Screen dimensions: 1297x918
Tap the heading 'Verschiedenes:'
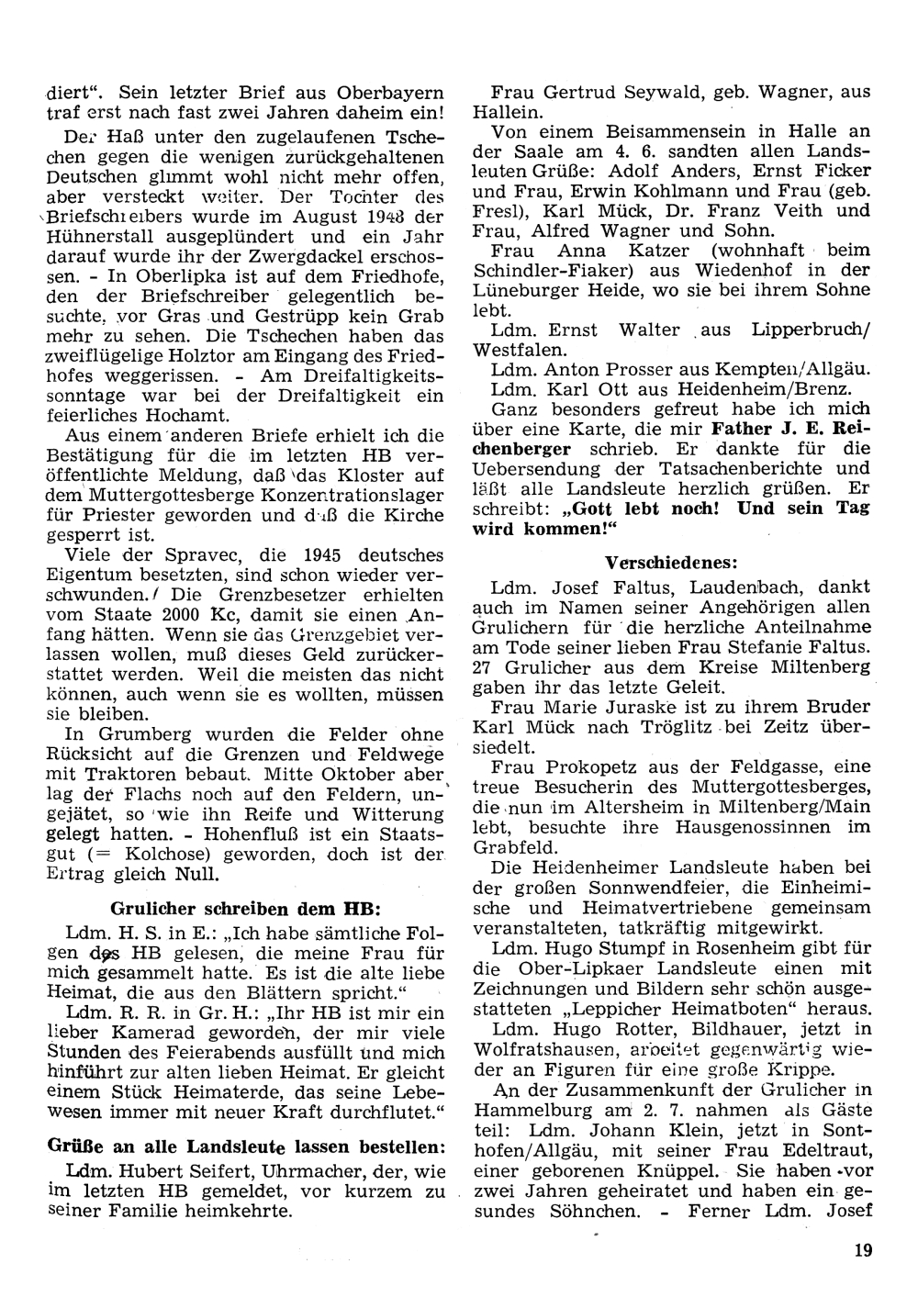pyautogui.click(x=671, y=562)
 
